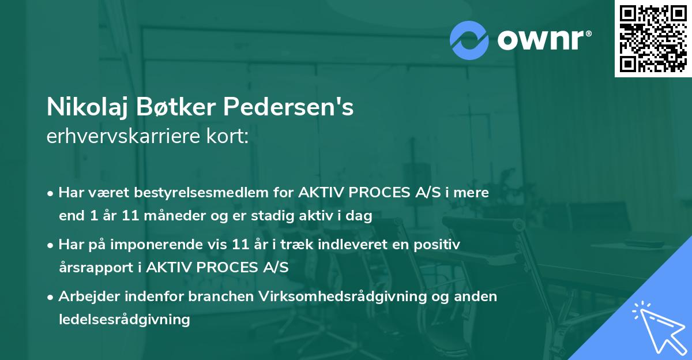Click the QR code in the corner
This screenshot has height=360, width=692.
[x=653, y=38]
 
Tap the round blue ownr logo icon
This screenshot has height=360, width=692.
[x=469, y=40]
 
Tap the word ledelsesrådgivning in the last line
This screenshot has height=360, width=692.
[x=124, y=319]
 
